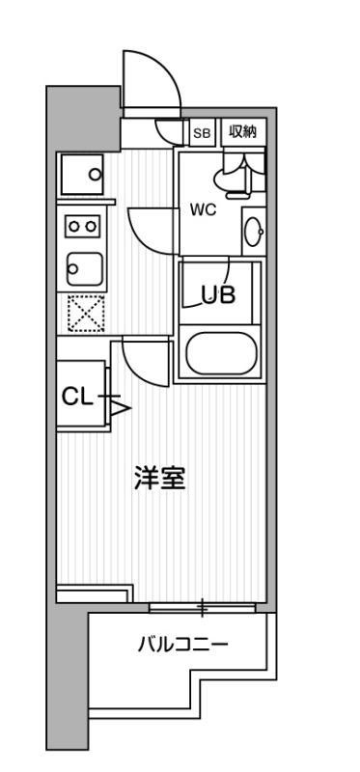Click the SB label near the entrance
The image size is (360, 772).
point(203,133)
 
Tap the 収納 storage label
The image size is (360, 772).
point(242,133)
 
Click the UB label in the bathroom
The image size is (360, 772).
point(218,295)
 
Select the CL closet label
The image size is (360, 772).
point(76,396)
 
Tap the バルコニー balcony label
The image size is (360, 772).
point(182,645)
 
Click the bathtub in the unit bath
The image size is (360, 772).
point(221,353)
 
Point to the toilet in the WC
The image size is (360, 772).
point(232,174)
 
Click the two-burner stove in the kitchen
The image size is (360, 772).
point(80,225)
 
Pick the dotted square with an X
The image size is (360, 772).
point(85,312)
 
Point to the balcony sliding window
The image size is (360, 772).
point(203,608)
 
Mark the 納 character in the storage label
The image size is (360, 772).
point(250,133)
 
